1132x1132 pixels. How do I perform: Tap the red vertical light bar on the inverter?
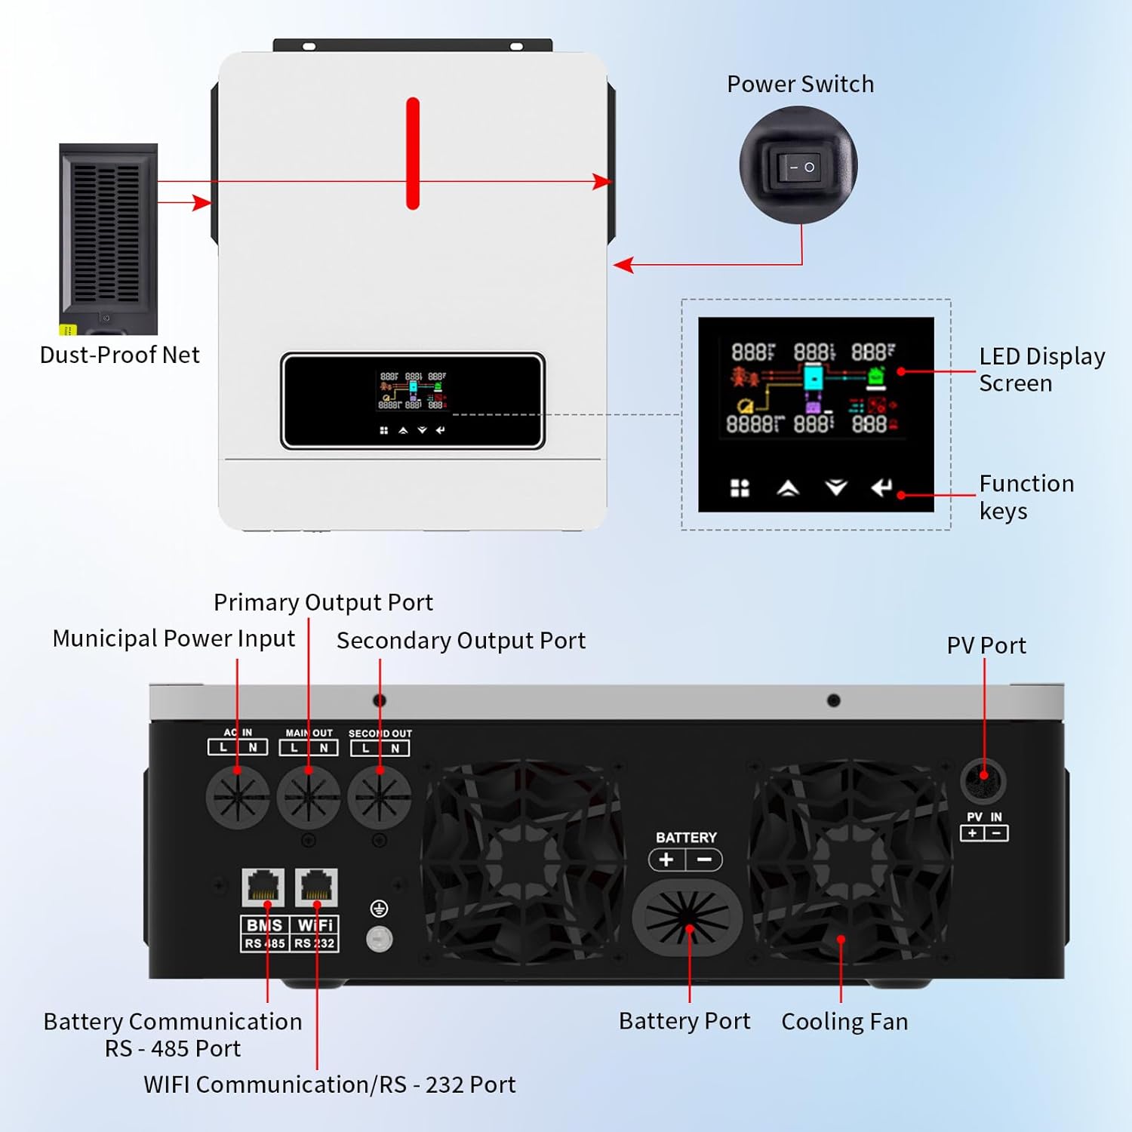(413, 153)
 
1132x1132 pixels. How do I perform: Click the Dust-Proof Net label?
(119, 355)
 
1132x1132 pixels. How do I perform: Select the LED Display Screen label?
(1041, 370)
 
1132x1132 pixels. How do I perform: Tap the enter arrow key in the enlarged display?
(881, 488)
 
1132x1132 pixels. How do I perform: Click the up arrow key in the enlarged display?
(788, 488)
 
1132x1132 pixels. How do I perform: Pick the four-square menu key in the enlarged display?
(740, 488)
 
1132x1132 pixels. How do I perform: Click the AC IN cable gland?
(238, 797)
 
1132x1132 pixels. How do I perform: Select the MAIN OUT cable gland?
(309, 797)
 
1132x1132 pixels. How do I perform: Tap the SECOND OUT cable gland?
(380, 797)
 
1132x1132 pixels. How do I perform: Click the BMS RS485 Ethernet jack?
(263, 887)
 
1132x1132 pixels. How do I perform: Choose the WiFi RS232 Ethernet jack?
(316, 887)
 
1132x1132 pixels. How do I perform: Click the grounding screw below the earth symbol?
(379, 939)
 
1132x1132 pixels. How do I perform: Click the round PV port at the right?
(983, 781)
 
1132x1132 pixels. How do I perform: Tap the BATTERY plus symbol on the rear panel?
(666, 860)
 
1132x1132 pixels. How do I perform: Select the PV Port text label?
(986, 645)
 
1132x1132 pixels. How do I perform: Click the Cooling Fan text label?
(844, 1021)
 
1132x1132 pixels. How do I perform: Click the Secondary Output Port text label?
(460, 640)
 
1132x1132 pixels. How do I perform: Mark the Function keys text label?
(1026, 497)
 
